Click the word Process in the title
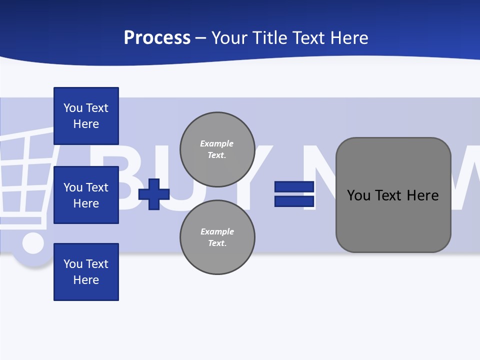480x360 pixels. click(157, 38)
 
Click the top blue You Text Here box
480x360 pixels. click(86, 116)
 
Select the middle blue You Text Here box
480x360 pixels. click(86, 195)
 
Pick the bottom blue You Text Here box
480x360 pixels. click(86, 272)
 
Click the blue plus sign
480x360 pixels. click(154, 194)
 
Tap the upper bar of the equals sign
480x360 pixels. click(294, 187)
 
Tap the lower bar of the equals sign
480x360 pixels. click(294, 201)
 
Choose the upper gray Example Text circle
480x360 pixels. click(217, 149)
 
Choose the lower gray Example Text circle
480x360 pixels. click(217, 237)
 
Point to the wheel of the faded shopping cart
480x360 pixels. click(33, 244)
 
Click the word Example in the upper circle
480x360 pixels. click(217, 143)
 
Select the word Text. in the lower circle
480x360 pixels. click(217, 243)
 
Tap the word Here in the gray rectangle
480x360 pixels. click(423, 195)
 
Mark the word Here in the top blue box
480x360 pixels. click(86, 124)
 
